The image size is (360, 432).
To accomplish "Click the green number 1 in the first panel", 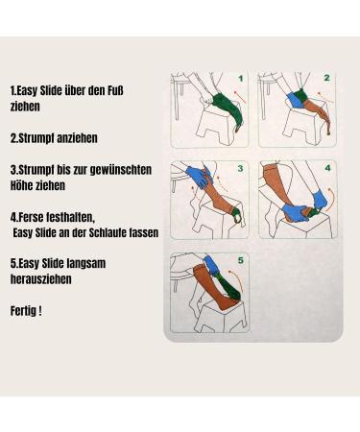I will [241, 78].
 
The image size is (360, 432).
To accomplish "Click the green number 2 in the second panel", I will [326, 78].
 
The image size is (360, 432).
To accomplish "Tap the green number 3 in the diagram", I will [241, 168].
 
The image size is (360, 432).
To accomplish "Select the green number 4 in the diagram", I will [326, 168].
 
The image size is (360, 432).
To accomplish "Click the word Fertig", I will [24, 310].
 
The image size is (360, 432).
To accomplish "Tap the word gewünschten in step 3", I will [119, 169].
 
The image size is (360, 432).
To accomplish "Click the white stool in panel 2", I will [288, 130].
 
